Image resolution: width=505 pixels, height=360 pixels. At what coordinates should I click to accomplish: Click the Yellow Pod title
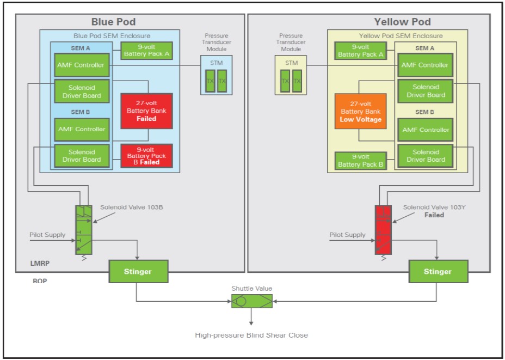click(x=402, y=22)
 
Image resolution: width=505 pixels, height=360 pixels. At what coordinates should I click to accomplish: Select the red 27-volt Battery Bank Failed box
click(x=146, y=111)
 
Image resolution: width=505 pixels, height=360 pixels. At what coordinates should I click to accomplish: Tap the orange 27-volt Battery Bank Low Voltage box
click(x=360, y=111)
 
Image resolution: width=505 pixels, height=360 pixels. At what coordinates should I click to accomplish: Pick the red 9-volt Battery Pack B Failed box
click(x=146, y=155)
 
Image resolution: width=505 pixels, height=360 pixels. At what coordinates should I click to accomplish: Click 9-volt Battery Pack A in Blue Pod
click(x=146, y=51)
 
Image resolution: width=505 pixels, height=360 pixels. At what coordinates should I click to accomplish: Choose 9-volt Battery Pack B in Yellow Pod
click(x=360, y=161)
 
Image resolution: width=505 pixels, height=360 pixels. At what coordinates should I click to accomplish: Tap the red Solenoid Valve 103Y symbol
click(x=383, y=229)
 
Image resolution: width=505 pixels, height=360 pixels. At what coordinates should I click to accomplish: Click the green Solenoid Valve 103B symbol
click(x=83, y=229)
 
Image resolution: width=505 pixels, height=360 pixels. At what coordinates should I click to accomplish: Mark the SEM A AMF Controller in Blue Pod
click(x=81, y=65)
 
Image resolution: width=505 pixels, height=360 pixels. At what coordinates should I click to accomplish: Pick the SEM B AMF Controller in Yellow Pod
click(x=426, y=130)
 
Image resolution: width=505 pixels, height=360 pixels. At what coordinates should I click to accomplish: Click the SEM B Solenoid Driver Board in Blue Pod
click(x=81, y=156)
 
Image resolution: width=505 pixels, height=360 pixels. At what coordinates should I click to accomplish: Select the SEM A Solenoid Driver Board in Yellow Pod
click(x=426, y=91)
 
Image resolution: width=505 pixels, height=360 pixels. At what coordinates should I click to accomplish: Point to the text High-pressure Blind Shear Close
click(x=251, y=335)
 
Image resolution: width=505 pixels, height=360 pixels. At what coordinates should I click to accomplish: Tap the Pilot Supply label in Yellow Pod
click(x=347, y=235)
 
